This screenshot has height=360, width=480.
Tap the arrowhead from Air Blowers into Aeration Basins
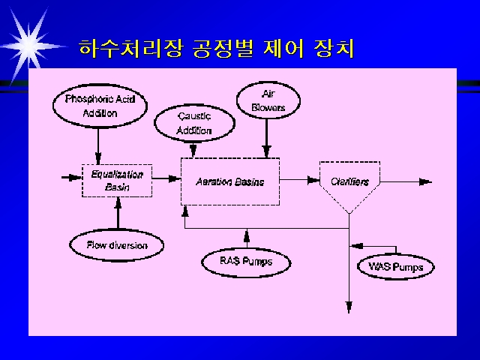[x=267, y=151]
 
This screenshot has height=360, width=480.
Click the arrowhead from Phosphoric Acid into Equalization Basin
[x=98, y=158]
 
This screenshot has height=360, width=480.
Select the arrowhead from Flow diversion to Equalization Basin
[x=118, y=203]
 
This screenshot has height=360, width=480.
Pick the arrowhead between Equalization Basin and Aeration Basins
[x=175, y=178]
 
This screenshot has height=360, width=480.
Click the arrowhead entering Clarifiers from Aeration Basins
[x=313, y=180]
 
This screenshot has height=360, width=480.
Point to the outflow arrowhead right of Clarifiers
[x=425, y=182]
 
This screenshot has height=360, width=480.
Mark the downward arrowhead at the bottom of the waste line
[x=349, y=307]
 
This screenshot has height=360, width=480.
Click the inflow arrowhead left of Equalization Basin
[x=75, y=178]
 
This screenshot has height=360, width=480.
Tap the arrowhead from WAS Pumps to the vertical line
[x=356, y=246]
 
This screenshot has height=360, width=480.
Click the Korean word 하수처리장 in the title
[x=131, y=48]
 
